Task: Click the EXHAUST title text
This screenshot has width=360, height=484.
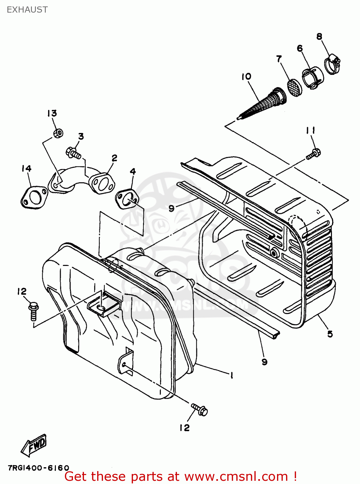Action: (27, 10)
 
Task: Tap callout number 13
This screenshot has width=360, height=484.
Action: (52, 113)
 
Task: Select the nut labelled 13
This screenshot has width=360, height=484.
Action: (58, 133)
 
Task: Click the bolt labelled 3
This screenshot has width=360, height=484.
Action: (73, 153)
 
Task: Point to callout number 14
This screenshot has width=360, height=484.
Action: (26, 168)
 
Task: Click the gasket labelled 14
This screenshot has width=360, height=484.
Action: (34, 197)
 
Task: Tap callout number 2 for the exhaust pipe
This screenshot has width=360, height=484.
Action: (114, 158)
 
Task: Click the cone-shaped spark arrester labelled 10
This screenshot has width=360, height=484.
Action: (262, 105)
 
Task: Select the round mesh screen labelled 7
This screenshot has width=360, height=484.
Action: (294, 86)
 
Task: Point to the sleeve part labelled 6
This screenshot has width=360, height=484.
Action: (313, 78)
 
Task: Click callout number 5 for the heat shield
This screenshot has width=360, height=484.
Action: (330, 334)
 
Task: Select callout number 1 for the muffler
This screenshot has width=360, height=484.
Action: (231, 375)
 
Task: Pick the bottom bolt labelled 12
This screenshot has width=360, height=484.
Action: (200, 409)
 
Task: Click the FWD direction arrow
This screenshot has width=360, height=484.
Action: (34, 446)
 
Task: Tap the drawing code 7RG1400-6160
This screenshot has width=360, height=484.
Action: (38, 468)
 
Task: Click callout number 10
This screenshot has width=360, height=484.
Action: (246, 76)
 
